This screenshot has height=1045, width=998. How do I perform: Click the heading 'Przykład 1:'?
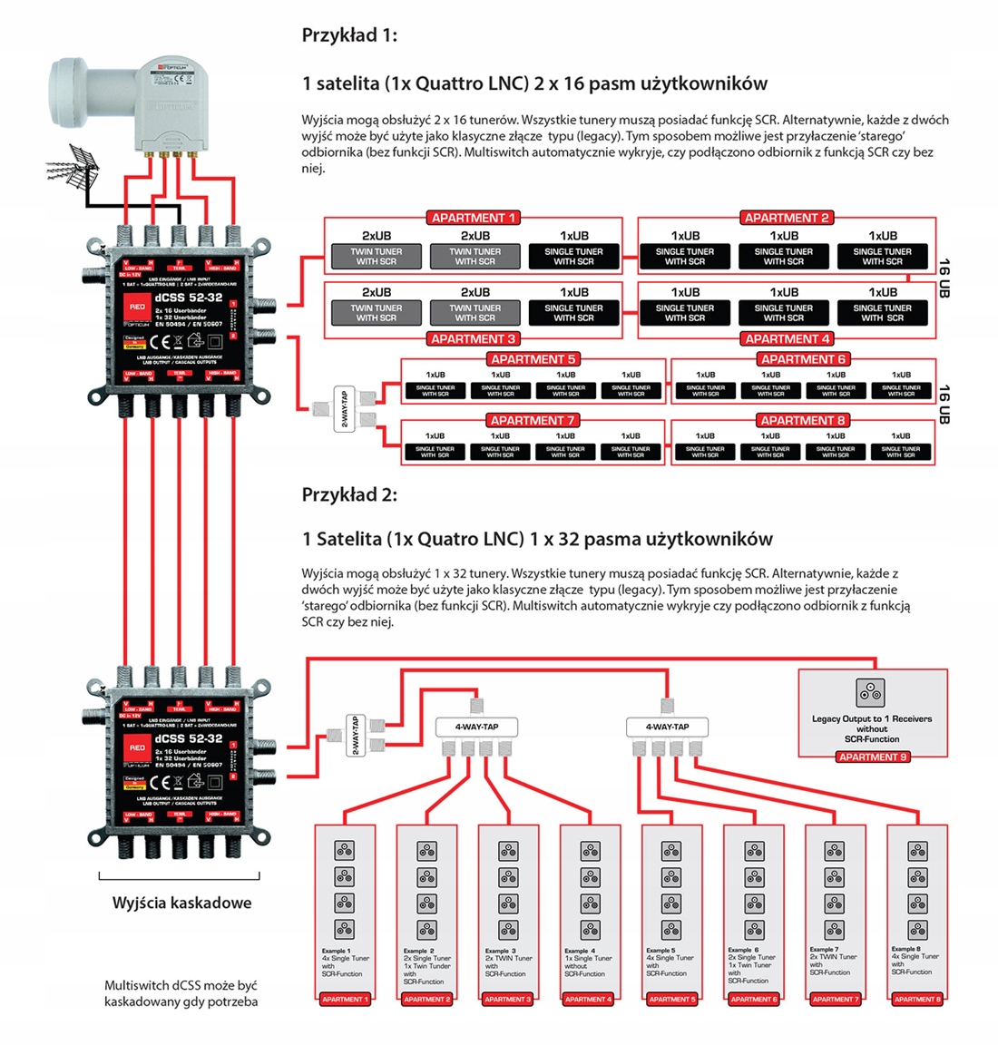point(349,35)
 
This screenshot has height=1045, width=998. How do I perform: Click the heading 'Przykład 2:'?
point(349,494)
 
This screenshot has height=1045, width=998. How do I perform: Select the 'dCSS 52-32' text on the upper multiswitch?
point(188,298)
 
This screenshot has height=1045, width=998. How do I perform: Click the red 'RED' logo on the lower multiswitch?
point(137,747)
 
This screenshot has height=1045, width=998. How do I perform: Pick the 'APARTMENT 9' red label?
point(872,757)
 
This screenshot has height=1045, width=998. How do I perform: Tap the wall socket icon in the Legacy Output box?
point(871,693)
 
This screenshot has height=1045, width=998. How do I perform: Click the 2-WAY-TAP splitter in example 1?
point(343,409)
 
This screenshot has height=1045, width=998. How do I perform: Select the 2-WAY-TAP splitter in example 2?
point(356,735)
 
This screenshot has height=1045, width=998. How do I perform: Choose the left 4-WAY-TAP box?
point(476,727)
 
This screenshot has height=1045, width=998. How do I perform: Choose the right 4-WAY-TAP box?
point(667,727)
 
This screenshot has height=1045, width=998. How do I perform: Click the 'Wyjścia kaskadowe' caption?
point(181,903)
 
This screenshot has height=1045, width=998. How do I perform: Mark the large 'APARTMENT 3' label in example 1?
point(473,338)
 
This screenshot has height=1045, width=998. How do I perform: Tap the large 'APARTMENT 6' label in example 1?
point(803,359)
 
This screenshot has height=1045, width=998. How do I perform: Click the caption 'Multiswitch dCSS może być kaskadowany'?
point(181,993)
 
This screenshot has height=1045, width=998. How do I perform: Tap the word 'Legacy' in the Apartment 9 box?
point(827,718)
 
